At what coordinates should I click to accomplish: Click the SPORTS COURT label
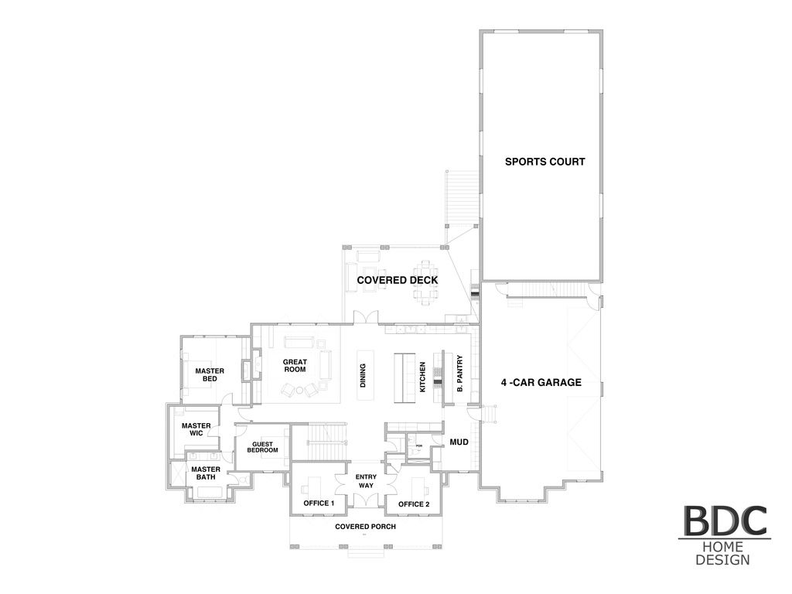544,162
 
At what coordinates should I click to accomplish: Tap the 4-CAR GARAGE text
541,382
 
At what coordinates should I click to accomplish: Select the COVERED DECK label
398,280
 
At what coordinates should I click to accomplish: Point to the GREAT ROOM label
295,366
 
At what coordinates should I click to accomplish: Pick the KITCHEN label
423,377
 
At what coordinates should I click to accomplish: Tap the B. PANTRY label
459,375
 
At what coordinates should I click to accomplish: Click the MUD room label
459,442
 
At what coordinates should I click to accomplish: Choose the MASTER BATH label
206,473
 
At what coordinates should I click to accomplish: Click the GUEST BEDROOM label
262,446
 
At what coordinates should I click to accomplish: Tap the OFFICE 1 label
319,504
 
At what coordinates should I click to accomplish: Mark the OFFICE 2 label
414,504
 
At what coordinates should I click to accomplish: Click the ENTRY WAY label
366,480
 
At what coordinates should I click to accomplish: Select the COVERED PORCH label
365,527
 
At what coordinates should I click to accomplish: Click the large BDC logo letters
724,522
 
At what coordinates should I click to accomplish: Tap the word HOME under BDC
722,548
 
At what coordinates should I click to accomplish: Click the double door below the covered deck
365,318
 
